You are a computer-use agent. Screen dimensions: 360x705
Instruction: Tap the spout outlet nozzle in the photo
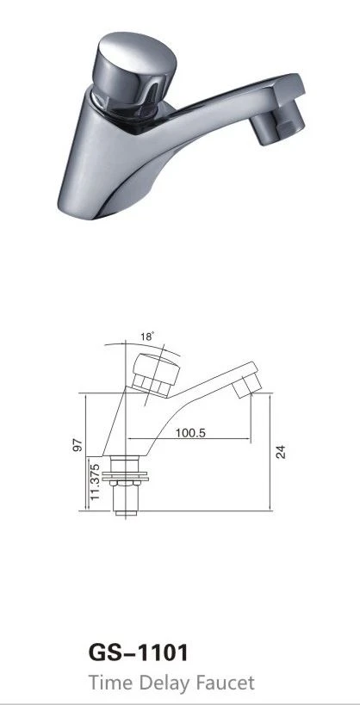click(x=276, y=121)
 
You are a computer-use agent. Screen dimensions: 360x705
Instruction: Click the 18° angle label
click(x=147, y=337)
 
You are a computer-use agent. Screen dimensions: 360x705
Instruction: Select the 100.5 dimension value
click(x=190, y=433)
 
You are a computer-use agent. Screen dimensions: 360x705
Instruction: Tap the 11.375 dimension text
click(x=95, y=482)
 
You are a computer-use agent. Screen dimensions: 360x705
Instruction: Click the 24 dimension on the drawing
click(x=281, y=451)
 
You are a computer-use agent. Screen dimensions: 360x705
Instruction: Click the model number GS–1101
click(x=138, y=652)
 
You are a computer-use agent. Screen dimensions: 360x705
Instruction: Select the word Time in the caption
click(x=111, y=683)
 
